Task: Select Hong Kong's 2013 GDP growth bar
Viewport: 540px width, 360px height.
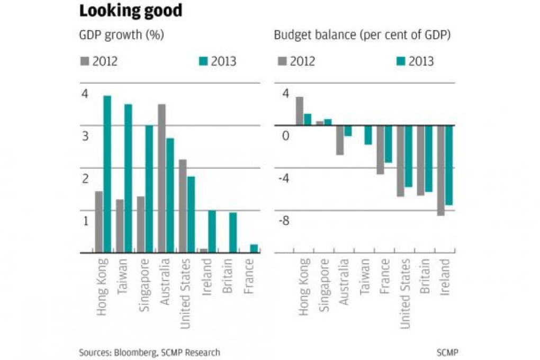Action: pos(107,174)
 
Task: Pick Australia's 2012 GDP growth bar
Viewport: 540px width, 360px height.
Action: pos(161,178)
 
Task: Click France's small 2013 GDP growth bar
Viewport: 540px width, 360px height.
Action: pos(254,248)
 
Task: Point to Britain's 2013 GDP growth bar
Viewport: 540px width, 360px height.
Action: pos(233,232)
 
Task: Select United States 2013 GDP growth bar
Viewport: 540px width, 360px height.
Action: pos(191,214)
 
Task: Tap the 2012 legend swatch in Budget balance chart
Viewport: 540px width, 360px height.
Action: pos(281,61)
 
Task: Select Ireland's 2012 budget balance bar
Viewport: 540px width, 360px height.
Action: pos(440,170)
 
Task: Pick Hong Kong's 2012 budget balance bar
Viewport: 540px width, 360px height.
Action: pos(299,111)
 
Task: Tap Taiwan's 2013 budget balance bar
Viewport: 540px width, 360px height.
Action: pos(368,135)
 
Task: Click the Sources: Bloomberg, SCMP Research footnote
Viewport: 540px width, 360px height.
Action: pos(149,352)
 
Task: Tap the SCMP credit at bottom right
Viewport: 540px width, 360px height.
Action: pos(447,352)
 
